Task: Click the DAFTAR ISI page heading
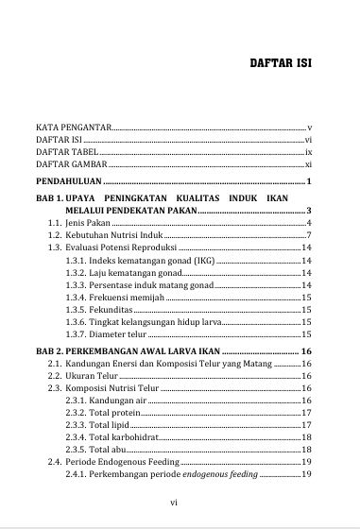[x=281, y=66]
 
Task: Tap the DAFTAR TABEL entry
[x=66, y=151]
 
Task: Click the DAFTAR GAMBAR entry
[x=70, y=164]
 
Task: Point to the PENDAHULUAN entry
[x=69, y=181]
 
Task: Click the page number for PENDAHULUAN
[x=309, y=181]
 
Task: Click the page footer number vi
[x=174, y=503]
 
